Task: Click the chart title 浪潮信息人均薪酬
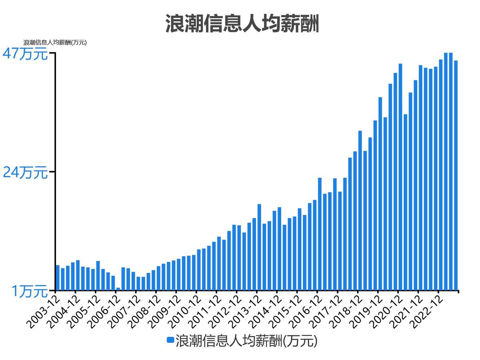point(242,24)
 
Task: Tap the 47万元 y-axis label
point(25,54)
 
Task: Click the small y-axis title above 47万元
point(55,42)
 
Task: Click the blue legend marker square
point(170,340)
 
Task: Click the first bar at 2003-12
point(58,278)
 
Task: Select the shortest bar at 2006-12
point(118,289)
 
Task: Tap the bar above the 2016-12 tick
point(320,234)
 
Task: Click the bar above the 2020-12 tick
point(400,177)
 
